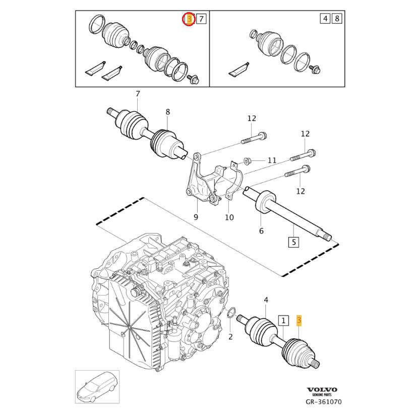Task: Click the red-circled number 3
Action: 189,20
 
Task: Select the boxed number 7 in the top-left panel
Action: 201,20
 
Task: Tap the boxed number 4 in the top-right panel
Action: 325,19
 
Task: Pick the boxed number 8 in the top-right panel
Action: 337,19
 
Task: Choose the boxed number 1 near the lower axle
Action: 283,320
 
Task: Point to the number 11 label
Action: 272,160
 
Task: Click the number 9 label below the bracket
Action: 196,217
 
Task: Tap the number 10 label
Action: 229,217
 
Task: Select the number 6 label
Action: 261,231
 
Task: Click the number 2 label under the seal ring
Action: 230,336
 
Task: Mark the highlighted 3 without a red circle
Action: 299,320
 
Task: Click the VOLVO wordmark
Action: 322,390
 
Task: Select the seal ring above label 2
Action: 231,313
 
